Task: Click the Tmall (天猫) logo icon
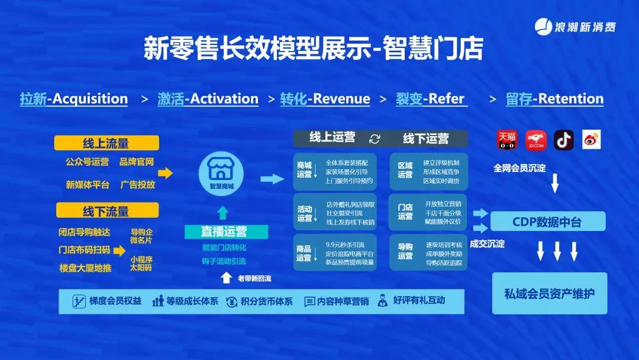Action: pos(506,140)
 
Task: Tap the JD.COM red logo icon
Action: pos(536,140)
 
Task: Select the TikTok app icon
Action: pos(564,140)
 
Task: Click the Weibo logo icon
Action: pos(591,140)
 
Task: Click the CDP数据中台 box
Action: pos(547,222)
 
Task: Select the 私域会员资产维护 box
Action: pos(550,293)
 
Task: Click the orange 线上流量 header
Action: pos(106,143)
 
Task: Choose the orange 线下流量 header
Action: pos(106,210)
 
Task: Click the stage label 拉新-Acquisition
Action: pos(74,99)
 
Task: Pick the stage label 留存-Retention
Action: pos(554,99)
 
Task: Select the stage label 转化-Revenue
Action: pos(325,99)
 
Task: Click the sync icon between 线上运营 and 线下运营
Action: pos(374,139)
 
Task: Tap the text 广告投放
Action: pos(137,185)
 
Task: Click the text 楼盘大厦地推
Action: pos(85,268)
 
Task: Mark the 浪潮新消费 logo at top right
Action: pos(576,27)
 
